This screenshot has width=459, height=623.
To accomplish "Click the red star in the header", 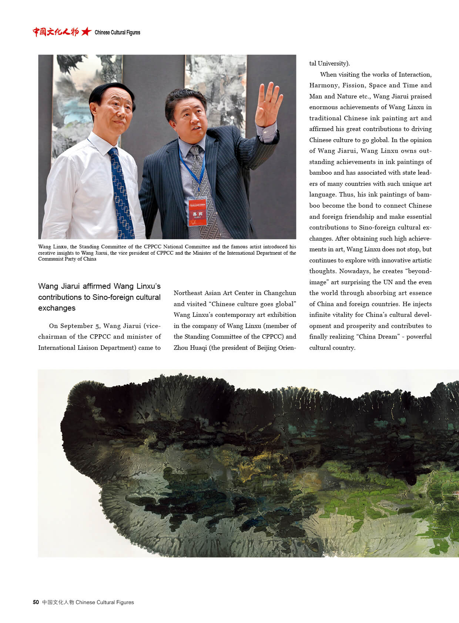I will pyautogui.click(x=86, y=32).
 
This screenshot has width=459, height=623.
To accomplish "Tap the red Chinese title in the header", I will pyautogui.click(x=56, y=32).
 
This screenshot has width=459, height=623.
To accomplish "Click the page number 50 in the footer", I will pyautogui.click(x=36, y=602).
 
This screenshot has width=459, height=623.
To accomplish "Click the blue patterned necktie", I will pyautogui.click(x=121, y=192).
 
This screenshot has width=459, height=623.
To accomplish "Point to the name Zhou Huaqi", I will pyautogui.click(x=190, y=348).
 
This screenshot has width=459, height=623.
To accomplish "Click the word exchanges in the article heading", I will pyautogui.click(x=57, y=308).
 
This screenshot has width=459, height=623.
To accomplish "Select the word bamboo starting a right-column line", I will pyautogui.click(x=321, y=173).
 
